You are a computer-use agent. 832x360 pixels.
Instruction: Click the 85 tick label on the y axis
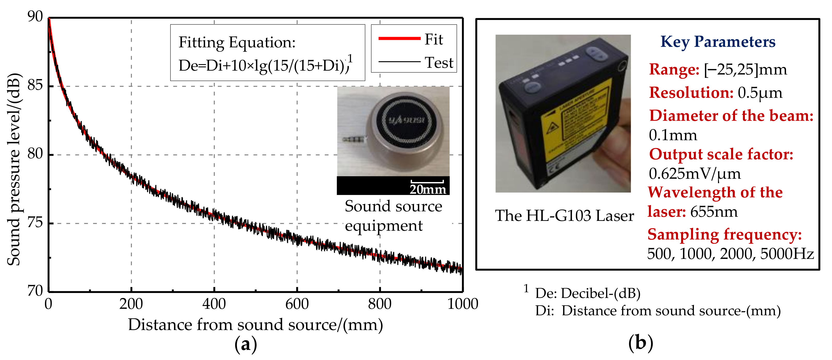point(35,85)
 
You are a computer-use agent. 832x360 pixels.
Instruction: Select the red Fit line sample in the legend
point(399,39)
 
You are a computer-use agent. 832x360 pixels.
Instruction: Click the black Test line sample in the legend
point(399,61)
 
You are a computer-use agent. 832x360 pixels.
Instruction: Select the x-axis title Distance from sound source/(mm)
point(255,325)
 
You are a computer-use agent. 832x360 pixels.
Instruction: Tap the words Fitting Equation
point(237,42)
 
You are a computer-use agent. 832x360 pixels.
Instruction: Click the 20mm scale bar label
point(428,189)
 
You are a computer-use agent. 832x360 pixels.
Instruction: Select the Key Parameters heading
point(718,42)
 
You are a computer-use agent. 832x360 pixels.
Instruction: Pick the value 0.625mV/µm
point(694,174)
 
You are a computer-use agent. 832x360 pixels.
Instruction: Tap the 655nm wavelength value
point(714,212)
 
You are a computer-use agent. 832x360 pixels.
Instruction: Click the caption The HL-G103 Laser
point(564,215)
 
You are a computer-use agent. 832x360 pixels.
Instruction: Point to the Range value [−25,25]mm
point(745,70)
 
